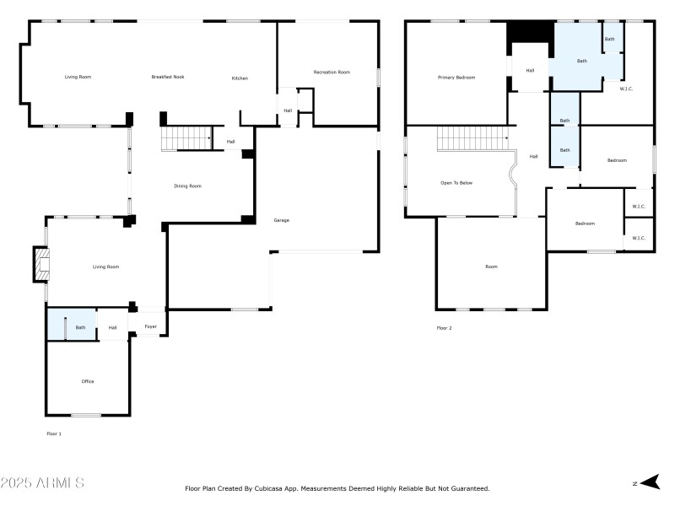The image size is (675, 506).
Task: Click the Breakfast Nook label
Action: click(167, 77)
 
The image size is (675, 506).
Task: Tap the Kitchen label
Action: click(240, 78)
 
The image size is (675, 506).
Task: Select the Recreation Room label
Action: click(331, 73)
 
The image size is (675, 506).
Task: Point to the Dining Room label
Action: click(187, 186)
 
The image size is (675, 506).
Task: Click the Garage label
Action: click(281, 220)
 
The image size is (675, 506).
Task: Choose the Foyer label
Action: click(150, 326)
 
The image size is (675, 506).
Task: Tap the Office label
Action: click(88, 381)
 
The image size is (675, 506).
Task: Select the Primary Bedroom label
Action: click(456, 78)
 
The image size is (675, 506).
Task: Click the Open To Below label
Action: click(456, 182)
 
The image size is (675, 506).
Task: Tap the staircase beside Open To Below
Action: click(472, 138)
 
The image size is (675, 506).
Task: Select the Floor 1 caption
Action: click(53, 433)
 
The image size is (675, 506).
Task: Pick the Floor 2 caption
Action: click(444, 327)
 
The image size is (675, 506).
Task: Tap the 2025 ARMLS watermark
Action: click(42, 483)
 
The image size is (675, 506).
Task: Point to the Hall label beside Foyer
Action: click(112, 327)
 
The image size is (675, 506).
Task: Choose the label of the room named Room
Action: click(491, 266)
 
